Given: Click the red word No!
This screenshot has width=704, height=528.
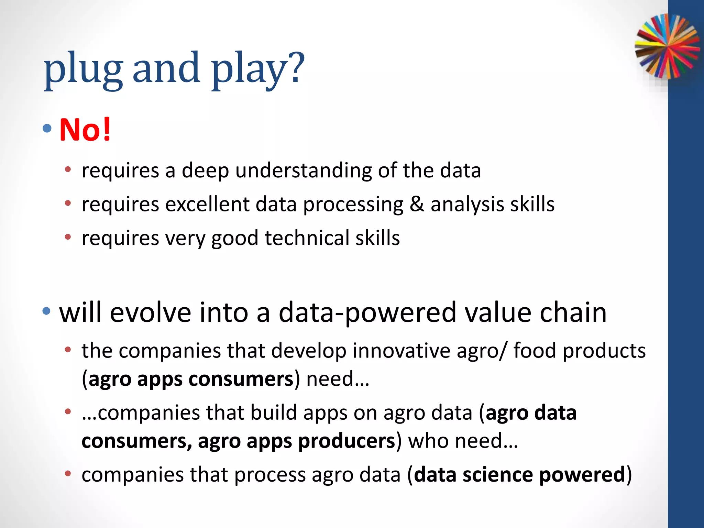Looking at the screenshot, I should tap(85, 130).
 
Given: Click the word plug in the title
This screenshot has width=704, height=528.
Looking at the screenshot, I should tap(83, 69).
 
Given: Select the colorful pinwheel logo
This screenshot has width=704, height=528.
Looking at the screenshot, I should tap(667, 46).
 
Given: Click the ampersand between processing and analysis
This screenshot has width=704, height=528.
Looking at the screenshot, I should tap(417, 204).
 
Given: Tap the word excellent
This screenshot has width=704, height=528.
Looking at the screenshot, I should tap(207, 204).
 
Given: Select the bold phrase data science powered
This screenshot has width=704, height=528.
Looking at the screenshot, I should tap(519, 475).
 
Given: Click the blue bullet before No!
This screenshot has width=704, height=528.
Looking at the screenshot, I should tap(47, 129).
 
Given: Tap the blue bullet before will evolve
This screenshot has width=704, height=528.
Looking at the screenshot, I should tap(47, 311).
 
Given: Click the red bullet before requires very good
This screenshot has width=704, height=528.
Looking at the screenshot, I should tap(68, 237).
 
